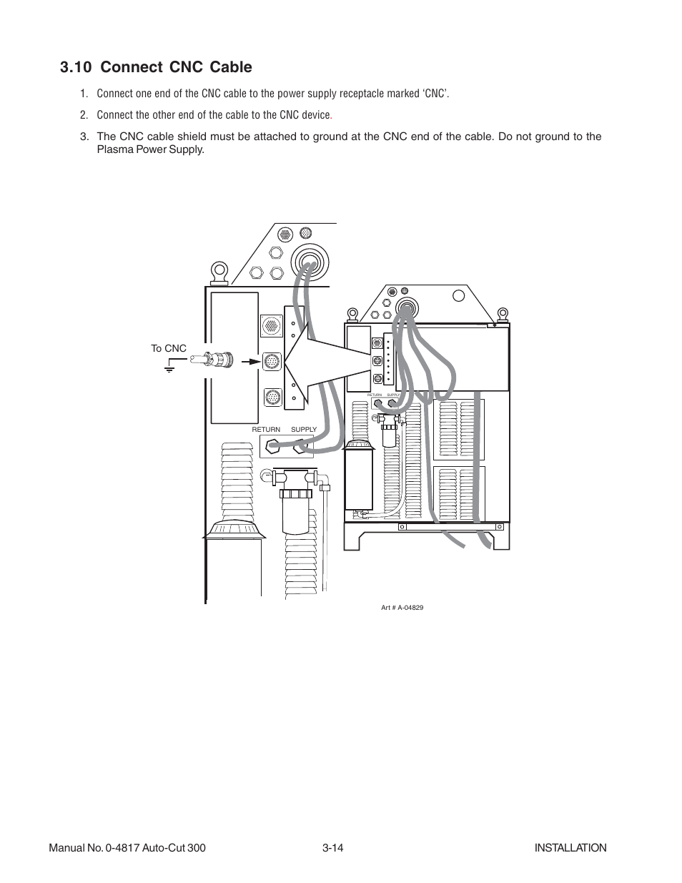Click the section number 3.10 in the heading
[x=76, y=67]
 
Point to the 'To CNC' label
[x=168, y=348]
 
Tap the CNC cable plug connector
[x=217, y=361]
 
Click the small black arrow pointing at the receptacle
[x=249, y=361]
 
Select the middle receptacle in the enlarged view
[x=272, y=360]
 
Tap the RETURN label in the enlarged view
[x=266, y=430]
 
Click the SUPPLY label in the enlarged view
[x=304, y=430]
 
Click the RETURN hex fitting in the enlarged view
[x=272, y=448]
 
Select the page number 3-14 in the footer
[x=333, y=847]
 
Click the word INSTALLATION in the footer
[x=570, y=847]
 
